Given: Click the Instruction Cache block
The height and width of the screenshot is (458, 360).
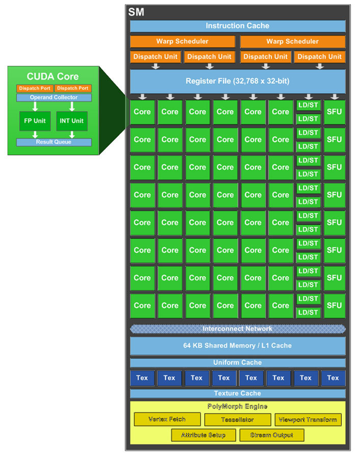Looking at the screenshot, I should click(x=237, y=26).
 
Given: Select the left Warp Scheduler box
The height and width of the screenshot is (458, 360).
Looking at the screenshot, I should click(x=182, y=41).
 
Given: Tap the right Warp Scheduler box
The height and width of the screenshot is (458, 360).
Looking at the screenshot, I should click(x=292, y=41).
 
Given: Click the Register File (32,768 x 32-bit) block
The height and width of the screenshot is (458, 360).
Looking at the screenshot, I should click(x=237, y=81).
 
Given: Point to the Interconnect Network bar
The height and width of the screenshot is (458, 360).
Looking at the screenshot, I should click(x=237, y=329).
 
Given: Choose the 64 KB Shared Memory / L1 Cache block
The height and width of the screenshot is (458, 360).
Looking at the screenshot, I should click(x=237, y=346).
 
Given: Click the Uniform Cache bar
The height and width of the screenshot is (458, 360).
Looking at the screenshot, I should click(x=237, y=363).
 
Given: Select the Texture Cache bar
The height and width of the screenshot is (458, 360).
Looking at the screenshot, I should click(x=237, y=393).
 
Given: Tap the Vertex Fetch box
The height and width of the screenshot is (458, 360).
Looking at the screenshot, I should click(x=167, y=420).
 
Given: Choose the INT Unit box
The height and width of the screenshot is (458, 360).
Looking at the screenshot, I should click(x=72, y=121).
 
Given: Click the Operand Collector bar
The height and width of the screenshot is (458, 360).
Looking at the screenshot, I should click(x=54, y=97).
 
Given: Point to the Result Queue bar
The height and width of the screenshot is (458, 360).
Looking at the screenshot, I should click(x=54, y=142).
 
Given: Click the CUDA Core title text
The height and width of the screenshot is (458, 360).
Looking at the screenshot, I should click(x=53, y=76).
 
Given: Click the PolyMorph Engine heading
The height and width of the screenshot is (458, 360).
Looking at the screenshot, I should click(x=237, y=407).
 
